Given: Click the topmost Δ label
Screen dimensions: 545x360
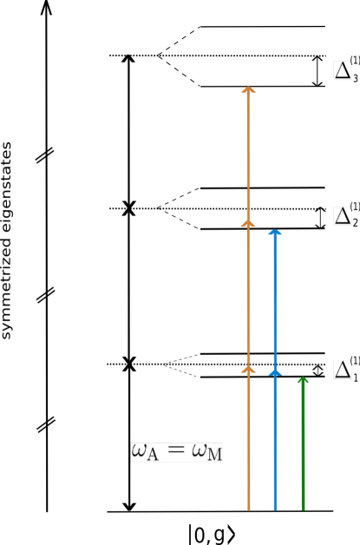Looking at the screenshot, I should click(343, 71).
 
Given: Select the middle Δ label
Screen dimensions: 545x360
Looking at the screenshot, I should click(343, 216).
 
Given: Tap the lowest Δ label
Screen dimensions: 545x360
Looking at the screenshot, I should click(343, 370).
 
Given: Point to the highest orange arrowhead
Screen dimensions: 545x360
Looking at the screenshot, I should click(248, 89).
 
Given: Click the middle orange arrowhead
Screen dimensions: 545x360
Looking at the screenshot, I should click(248, 223).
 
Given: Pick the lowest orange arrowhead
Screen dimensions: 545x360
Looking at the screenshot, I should click(248, 370).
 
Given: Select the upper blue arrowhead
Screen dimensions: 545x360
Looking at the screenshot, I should click(275, 232).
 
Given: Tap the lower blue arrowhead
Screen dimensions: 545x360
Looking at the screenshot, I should click(275, 371).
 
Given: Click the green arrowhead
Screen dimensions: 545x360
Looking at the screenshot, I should click(303, 380).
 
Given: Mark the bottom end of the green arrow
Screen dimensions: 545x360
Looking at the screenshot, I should click(303, 509).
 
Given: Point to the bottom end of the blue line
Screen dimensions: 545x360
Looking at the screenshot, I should click(275, 509).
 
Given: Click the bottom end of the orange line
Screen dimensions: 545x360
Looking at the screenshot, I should click(248, 509).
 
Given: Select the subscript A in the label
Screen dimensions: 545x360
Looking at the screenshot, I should click(153, 456).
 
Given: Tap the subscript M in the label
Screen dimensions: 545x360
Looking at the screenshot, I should click(213, 456).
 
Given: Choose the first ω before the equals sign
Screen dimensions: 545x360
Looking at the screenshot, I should click(139, 451).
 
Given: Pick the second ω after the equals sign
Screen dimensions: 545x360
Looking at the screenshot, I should click(199, 451).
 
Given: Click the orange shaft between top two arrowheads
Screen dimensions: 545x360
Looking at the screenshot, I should click(248, 156).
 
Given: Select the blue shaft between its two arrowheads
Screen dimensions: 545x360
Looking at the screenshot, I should click(275, 301).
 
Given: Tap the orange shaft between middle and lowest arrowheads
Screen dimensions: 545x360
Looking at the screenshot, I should click(248, 296).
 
